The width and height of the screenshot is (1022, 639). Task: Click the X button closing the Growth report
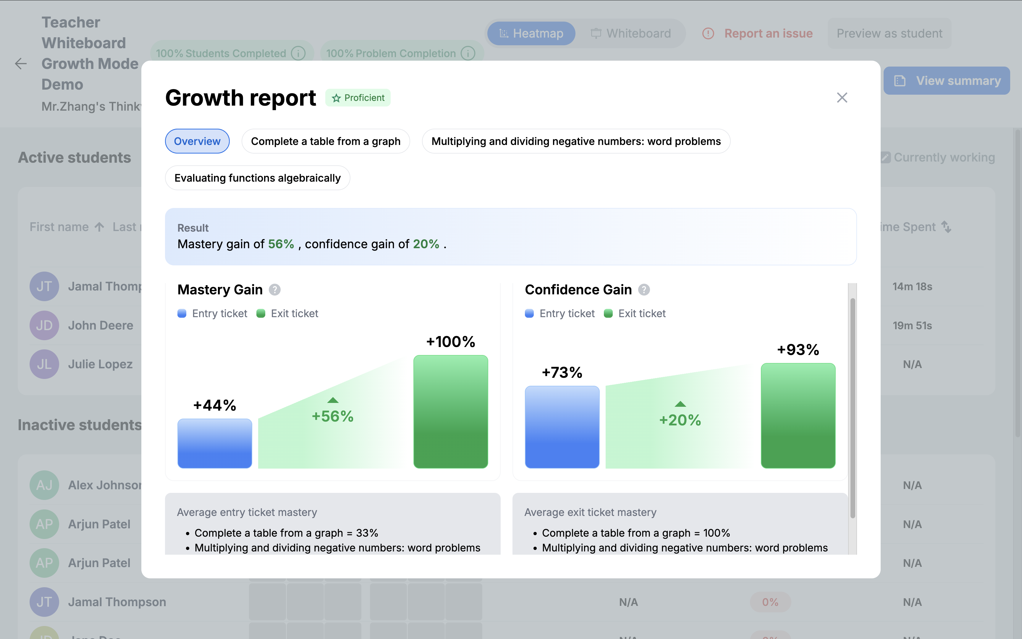tap(842, 98)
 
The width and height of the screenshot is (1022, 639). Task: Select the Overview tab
tap(197, 141)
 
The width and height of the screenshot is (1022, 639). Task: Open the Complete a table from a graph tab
tap(325, 141)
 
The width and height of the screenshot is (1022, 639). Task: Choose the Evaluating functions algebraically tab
tap(257, 178)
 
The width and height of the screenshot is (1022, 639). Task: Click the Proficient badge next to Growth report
tap(358, 98)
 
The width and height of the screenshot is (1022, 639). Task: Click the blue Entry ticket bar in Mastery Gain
tap(214, 443)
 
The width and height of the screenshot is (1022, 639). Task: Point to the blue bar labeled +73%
tap(562, 427)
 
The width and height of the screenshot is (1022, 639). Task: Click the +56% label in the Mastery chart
tap(332, 416)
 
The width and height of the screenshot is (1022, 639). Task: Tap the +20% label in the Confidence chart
tap(680, 420)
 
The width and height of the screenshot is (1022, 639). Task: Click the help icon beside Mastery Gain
tap(274, 290)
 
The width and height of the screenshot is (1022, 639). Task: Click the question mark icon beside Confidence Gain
tap(643, 290)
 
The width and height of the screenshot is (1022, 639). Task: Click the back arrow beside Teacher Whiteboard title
tap(21, 64)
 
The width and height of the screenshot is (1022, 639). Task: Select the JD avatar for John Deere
tap(44, 325)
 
